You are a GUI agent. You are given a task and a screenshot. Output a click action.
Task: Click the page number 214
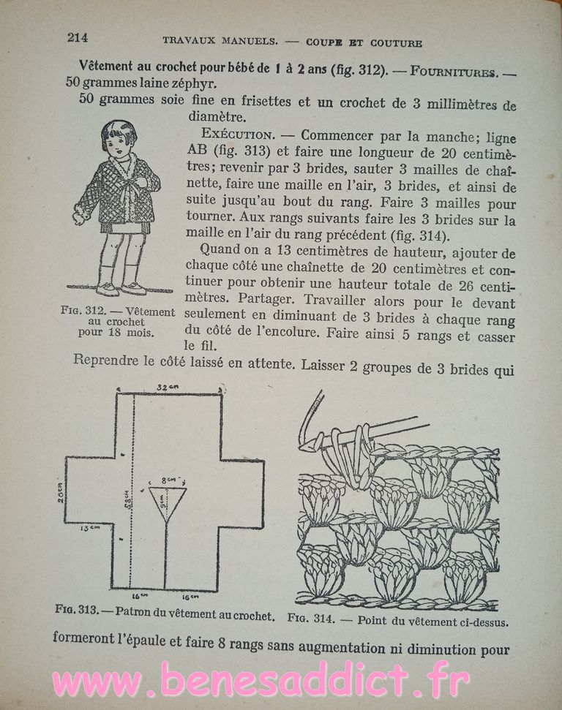[x=77, y=37]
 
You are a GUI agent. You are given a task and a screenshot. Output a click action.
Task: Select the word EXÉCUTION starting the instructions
[x=239, y=135]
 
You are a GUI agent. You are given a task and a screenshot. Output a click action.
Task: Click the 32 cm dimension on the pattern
[x=171, y=386]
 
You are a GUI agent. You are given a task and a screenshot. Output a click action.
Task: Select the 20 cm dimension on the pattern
[x=59, y=494]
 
